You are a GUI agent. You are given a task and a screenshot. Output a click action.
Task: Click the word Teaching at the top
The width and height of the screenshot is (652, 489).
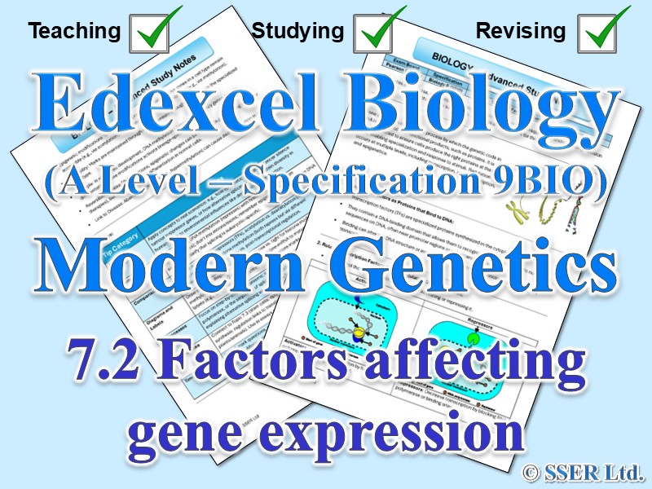pos(74,32)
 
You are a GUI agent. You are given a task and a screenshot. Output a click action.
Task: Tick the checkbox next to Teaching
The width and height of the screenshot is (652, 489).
pos(154,30)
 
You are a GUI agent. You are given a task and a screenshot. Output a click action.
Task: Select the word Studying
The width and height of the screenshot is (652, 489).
pos(297,32)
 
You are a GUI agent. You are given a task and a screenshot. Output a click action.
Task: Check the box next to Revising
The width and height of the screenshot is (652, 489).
pos(602,30)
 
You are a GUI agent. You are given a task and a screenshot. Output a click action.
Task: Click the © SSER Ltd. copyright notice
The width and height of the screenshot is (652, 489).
pos(583,470)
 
